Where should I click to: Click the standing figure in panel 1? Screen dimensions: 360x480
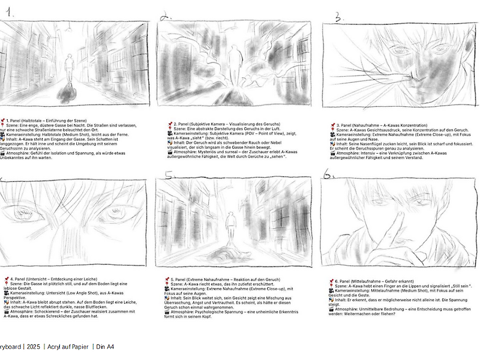coord(70,67)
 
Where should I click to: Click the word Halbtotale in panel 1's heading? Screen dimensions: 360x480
coord(35,120)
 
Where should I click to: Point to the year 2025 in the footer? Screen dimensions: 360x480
coord(34,347)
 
